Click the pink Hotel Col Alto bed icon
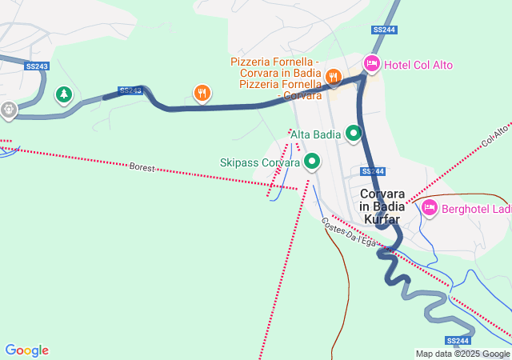click(x=371, y=62)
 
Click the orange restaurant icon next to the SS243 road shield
click(x=202, y=94)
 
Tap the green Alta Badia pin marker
click(x=353, y=134)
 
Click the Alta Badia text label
click(x=316, y=133)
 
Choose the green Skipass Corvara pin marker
click(x=311, y=162)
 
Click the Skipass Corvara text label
click(x=259, y=162)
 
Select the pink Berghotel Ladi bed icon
click(x=429, y=209)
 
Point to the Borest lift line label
click(x=142, y=168)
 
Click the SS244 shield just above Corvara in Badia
click(x=372, y=171)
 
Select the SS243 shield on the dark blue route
click(x=131, y=91)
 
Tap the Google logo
click(x=27, y=350)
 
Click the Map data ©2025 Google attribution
click(x=462, y=354)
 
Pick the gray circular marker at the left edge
click(x=8, y=110)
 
